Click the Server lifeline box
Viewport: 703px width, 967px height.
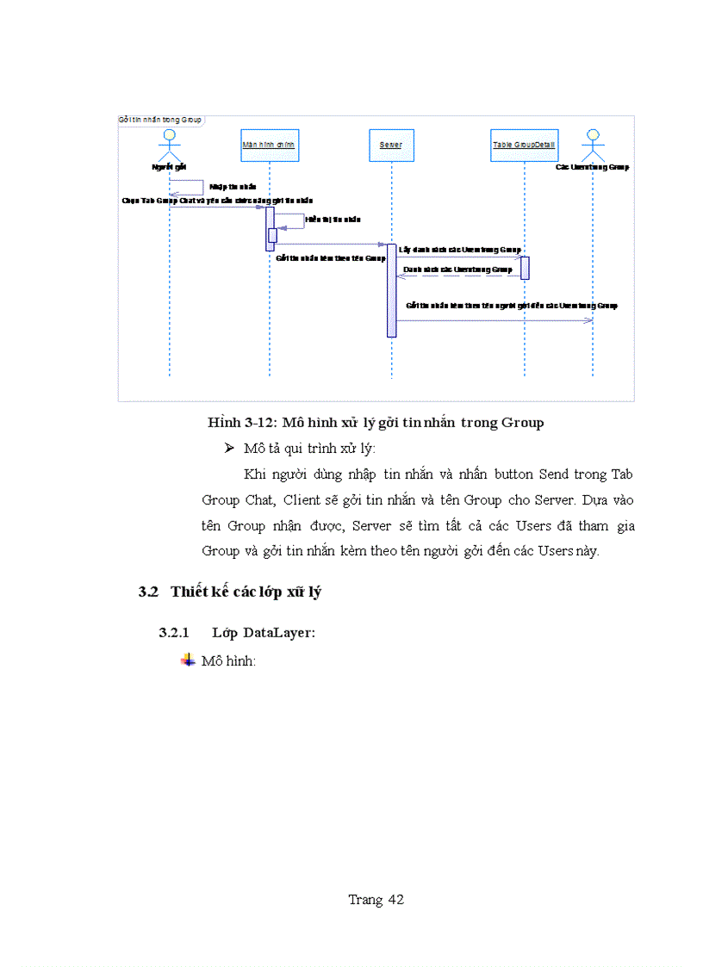(390, 145)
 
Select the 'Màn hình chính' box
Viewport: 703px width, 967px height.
(269, 145)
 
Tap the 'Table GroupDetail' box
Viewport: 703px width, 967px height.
(523, 145)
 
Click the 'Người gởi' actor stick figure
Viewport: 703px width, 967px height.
(170, 146)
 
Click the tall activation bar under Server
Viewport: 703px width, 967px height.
(391, 289)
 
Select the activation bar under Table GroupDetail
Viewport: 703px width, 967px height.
(524, 268)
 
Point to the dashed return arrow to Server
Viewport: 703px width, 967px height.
(457, 276)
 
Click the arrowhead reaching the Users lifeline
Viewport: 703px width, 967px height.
(589, 320)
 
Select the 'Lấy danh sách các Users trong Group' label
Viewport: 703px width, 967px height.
(459, 249)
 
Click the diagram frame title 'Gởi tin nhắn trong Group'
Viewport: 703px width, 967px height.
(159, 120)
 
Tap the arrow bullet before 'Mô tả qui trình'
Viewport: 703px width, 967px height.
(229, 448)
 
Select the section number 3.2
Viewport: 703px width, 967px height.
(149, 592)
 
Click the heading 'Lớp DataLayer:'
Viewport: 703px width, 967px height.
(264, 633)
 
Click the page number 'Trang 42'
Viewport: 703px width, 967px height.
(376, 900)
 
